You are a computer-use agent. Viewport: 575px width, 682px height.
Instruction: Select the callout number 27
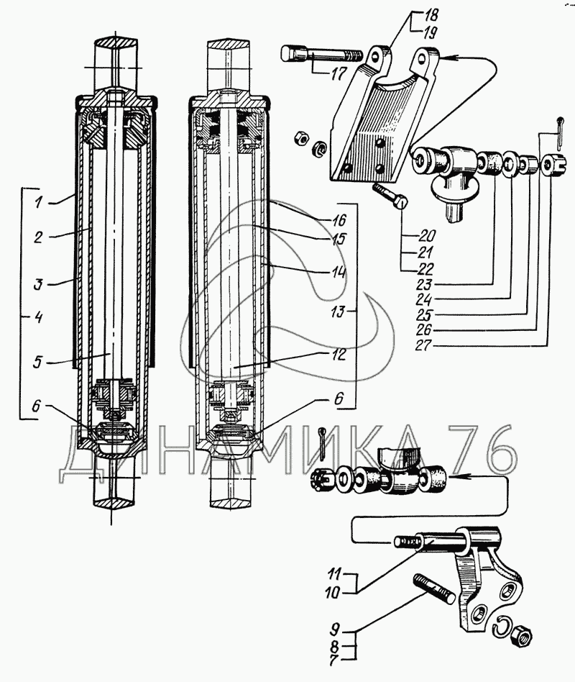click(423, 345)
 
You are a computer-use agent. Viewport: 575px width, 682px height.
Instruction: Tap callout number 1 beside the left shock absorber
click(39, 202)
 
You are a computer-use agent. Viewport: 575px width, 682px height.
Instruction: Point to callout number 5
click(38, 362)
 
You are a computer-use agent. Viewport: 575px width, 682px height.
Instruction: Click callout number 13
click(337, 312)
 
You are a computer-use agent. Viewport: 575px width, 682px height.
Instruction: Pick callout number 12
click(338, 355)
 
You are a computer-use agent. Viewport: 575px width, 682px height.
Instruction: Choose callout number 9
click(335, 629)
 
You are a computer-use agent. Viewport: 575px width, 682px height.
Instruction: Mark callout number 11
click(335, 573)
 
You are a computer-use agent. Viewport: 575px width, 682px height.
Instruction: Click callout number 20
click(427, 236)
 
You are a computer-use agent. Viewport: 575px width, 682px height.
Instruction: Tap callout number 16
click(339, 219)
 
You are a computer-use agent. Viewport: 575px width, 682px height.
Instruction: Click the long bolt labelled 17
click(322, 55)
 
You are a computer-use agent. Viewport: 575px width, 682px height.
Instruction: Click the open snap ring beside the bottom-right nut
click(502, 627)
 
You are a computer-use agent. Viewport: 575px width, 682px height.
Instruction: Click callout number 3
click(39, 284)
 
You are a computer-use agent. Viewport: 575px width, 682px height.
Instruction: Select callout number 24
click(423, 300)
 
